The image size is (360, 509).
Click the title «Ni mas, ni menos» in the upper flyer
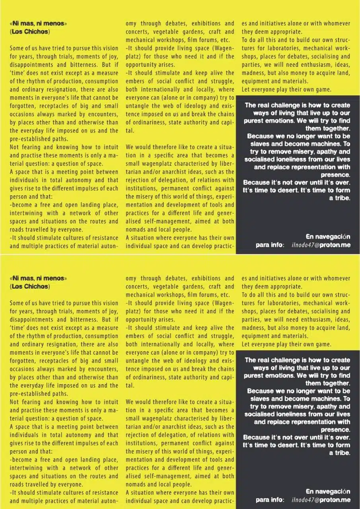pos(39,23)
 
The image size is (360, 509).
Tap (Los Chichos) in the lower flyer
pos(30,286)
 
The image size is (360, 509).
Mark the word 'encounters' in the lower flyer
pos(102,369)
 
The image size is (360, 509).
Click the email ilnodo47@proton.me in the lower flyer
pos(321,500)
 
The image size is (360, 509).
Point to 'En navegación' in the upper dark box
pos(328,237)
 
